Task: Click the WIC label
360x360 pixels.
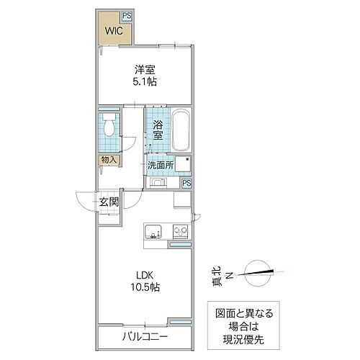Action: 110,31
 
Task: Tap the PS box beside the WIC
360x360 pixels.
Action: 126,14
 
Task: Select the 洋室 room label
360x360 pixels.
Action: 144,70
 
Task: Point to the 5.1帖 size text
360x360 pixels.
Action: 145,82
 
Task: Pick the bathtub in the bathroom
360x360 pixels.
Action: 180,130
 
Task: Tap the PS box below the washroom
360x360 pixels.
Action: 186,183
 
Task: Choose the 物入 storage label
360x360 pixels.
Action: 107,160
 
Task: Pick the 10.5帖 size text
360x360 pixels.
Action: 144,287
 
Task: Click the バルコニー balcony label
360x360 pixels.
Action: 144,336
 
